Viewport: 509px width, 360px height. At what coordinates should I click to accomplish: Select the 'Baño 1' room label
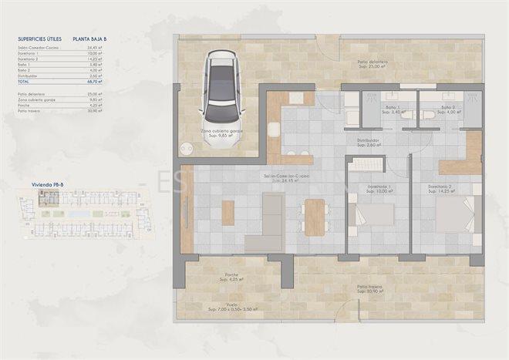point(393,109)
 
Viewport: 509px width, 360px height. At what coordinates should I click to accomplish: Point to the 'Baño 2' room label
point(447,109)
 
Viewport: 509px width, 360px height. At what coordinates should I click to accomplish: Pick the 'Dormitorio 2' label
point(439,189)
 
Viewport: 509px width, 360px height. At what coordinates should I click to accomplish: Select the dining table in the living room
point(315,217)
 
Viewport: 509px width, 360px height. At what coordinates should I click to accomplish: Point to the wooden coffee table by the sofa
point(228,213)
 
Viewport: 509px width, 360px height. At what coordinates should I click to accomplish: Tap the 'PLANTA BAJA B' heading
point(90,36)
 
